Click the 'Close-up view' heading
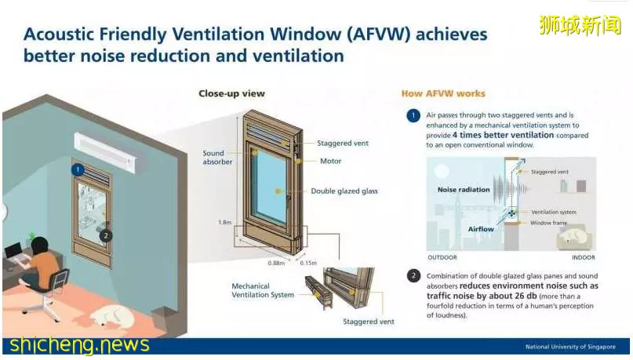coord(231,93)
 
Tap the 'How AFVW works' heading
coord(443,93)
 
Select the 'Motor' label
coord(330,161)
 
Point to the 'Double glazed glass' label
coord(344,191)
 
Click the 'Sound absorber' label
coord(217,158)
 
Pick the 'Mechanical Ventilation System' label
coord(263,290)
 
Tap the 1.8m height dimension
coord(224,223)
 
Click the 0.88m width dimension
coord(276,263)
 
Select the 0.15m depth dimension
coord(308,263)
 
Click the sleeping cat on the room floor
coord(112,315)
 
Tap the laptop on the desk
coord(16,253)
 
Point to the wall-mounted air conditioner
coord(105,152)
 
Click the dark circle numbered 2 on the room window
coord(106,236)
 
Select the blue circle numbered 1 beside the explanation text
coord(413,116)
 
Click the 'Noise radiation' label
coord(464,190)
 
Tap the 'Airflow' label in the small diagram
coord(481,229)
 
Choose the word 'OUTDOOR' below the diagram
coord(442,257)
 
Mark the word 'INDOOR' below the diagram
coord(584,257)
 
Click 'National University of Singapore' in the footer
coord(570,347)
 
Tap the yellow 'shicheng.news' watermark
coord(79,345)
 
